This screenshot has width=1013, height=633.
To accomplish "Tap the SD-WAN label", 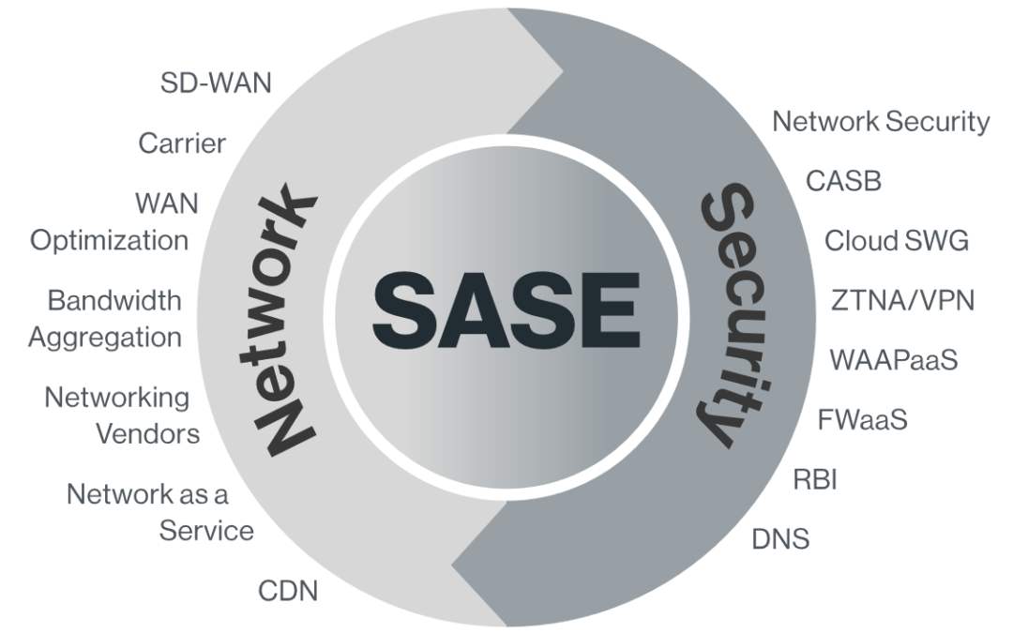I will [216, 83].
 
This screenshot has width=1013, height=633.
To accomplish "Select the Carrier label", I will [182, 143].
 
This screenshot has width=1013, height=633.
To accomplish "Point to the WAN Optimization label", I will [110, 221].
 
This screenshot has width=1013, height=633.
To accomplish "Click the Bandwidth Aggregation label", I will [105, 319].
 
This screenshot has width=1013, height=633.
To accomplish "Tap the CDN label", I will [288, 592].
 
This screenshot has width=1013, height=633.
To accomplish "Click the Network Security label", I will [880, 121].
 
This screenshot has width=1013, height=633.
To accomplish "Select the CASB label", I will [844, 181].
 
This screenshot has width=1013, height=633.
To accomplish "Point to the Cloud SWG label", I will [896, 240].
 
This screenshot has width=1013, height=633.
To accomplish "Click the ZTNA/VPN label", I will [902, 300].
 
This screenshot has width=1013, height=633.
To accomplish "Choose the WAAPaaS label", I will [893, 360].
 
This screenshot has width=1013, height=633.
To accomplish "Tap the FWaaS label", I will [862, 419].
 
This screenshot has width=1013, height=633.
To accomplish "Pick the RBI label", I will [814, 480].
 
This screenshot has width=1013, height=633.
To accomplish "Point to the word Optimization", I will [110, 240].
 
